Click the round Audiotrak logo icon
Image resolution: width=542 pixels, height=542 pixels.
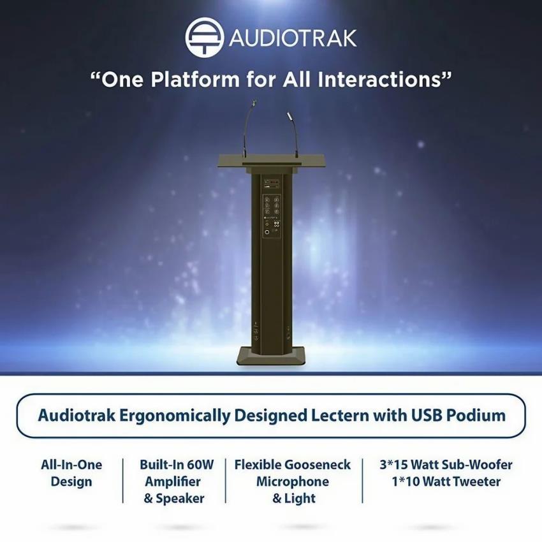pos(205,37)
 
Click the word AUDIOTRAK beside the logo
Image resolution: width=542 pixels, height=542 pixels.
pos(293,38)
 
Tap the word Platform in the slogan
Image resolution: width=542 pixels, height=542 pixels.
pos(195,80)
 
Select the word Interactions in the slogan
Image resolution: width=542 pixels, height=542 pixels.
pos(379,79)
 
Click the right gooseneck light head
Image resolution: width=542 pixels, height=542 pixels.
pos(289,115)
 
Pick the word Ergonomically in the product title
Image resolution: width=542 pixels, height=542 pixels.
pos(175,416)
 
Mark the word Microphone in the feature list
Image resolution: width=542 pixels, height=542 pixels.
pos(293,482)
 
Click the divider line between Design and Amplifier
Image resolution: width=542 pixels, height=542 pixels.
pos(123,481)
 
